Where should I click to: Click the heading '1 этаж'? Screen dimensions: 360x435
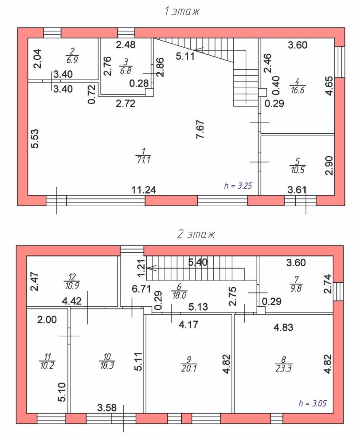click(x=182, y=11)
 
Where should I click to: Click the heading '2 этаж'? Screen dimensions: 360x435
click(x=196, y=234)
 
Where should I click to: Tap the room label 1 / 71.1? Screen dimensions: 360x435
click(x=143, y=156)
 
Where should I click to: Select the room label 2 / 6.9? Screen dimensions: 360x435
click(x=72, y=56)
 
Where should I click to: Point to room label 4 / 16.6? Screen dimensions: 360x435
click(x=297, y=86)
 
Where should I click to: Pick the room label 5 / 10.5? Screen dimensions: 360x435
click(x=298, y=166)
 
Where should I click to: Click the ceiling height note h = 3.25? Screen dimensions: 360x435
click(x=238, y=186)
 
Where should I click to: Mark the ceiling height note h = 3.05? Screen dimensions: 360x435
click(x=312, y=403)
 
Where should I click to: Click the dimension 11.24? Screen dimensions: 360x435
click(x=144, y=190)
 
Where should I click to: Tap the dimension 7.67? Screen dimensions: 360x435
click(x=200, y=129)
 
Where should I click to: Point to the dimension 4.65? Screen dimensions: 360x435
click(x=329, y=86)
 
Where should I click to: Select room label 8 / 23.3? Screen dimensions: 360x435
click(x=283, y=364)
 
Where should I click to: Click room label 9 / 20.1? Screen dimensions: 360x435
click(x=189, y=364)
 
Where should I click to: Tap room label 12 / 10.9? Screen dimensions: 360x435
click(x=72, y=282)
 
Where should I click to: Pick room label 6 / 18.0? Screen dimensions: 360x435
click(x=179, y=291)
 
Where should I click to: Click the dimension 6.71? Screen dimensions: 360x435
click(x=141, y=289)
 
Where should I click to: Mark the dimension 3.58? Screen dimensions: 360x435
click(x=107, y=408)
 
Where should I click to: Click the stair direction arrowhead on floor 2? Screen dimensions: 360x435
click(x=151, y=268)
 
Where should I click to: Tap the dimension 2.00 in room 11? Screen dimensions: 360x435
click(x=47, y=320)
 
